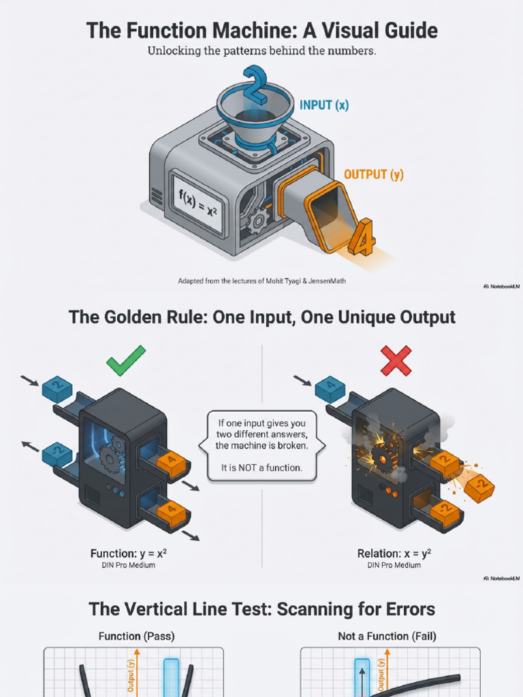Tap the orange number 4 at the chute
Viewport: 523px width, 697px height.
pos(362,238)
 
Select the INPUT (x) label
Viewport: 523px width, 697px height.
pos(325,105)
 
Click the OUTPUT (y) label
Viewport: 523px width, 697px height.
pos(373,175)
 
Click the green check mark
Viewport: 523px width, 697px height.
pos(126,360)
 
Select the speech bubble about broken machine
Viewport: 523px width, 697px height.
pos(261,446)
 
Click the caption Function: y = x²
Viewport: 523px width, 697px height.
pos(129,553)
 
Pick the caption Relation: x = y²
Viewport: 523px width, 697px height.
pos(394,553)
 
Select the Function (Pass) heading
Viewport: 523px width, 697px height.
pos(136,636)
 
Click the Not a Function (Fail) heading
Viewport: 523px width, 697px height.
pos(387,636)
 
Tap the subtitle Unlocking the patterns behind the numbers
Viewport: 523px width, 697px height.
pos(261,51)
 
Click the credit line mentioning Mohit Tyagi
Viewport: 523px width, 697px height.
pos(261,280)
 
